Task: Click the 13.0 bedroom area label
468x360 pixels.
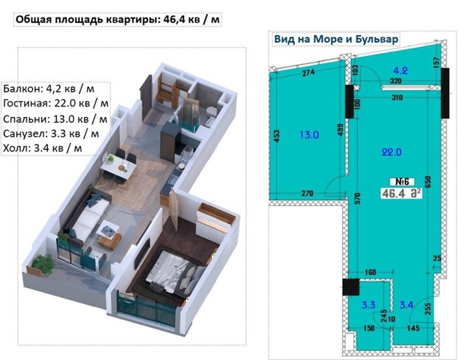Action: (309, 134)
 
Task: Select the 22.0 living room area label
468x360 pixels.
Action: (392, 152)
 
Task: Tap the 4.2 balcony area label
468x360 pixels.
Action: (400, 70)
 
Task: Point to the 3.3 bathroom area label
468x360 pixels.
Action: (368, 305)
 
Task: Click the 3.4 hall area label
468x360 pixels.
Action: (406, 305)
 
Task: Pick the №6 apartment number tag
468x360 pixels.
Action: (402, 181)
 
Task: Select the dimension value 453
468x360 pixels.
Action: (277, 136)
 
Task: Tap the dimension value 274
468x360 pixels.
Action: (308, 72)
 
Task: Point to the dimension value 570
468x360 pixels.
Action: (358, 199)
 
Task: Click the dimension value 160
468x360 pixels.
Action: (370, 272)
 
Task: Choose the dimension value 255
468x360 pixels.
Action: (427, 309)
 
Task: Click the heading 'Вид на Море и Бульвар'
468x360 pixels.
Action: (336, 39)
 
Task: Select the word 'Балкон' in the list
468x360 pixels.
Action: (19, 89)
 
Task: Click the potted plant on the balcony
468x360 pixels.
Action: (43, 264)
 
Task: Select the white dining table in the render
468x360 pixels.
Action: (118, 167)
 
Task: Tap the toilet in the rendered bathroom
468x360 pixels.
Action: (211, 112)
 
